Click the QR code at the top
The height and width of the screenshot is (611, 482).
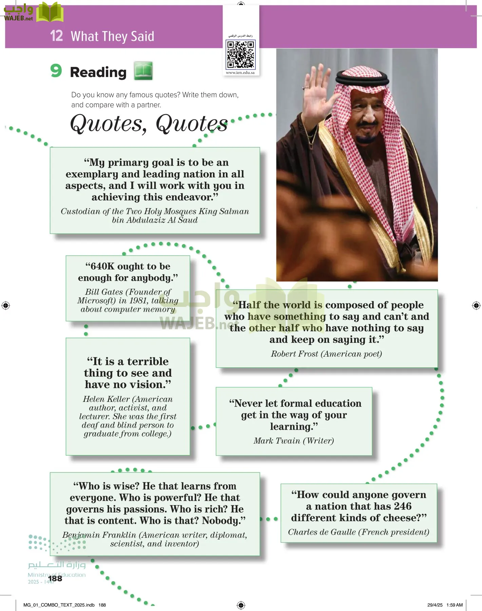click(240, 54)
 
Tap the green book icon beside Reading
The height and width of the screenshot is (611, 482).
click(143, 71)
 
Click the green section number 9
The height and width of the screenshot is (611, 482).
click(56, 71)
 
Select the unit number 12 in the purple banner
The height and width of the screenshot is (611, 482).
click(56, 36)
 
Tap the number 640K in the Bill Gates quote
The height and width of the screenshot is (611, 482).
click(102, 266)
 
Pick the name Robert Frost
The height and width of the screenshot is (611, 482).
click(294, 354)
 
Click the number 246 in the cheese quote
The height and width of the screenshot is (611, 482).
click(403, 506)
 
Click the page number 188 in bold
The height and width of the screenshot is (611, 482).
click(55, 578)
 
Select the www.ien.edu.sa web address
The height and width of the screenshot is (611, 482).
click(240, 73)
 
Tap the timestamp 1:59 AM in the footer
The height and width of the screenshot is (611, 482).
click(455, 605)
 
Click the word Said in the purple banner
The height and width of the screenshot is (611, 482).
click(141, 36)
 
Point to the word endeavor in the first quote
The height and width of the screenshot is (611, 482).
click(192, 197)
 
